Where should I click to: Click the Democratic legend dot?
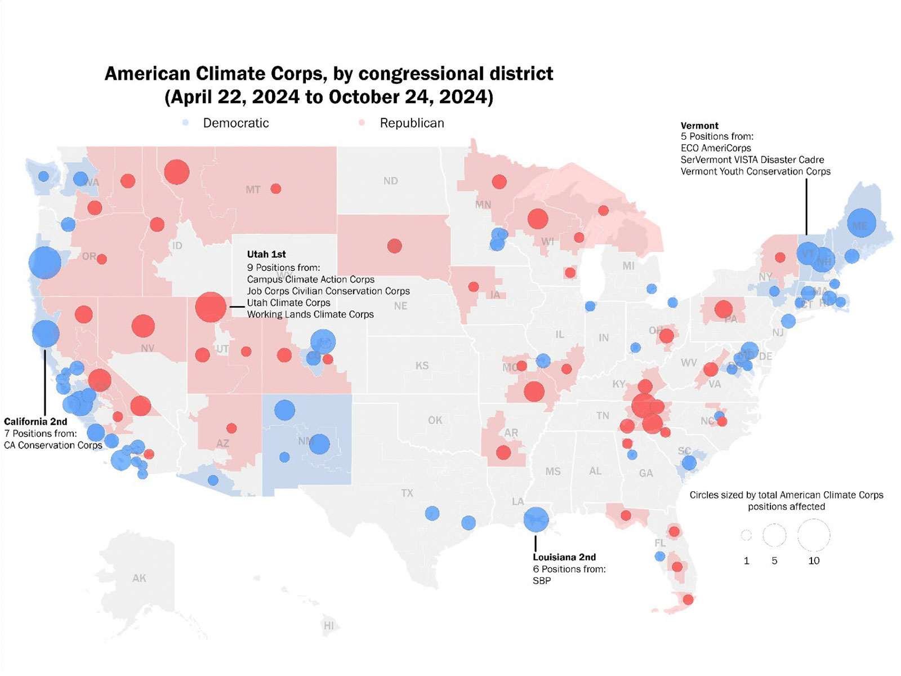pos(185,123)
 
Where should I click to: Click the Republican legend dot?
pos(362,123)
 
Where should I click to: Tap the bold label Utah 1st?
pos(266,255)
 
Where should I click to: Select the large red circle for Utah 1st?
pos(211,307)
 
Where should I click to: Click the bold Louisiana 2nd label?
pos(564,557)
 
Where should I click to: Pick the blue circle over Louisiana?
pos(536,519)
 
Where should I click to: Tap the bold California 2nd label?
pos(35,421)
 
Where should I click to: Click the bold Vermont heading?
pos(699,126)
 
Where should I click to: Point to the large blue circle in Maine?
pos(862,224)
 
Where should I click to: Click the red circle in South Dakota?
pos(395,246)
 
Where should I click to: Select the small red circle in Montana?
pos(276,189)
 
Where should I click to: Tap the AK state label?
pos(139,578)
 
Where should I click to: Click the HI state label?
pos(328,625)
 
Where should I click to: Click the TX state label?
pos(407,493)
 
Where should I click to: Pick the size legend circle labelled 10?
pos(814,535)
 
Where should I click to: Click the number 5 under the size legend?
pos(774,561)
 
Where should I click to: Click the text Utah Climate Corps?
pos(288,303)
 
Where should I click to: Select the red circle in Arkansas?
pos(503,452)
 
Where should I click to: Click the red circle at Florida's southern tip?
pos(688,599)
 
